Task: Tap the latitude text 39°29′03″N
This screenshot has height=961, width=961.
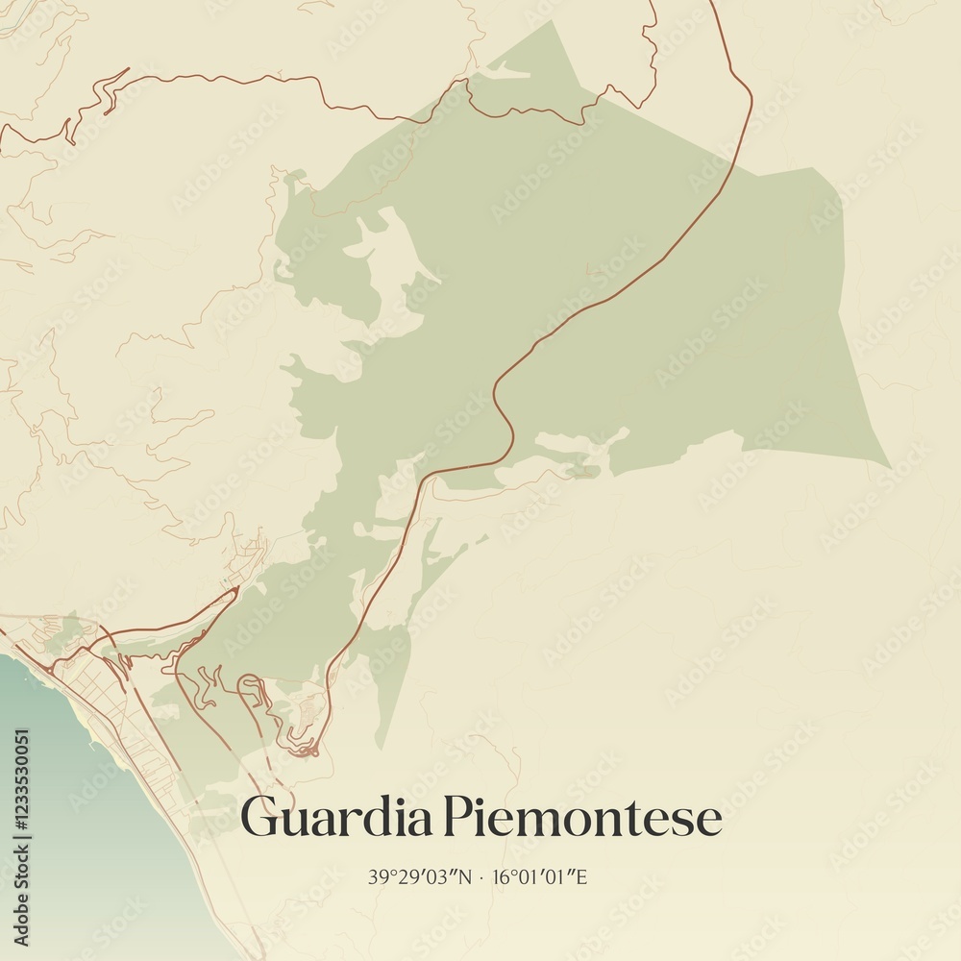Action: pos(420,876)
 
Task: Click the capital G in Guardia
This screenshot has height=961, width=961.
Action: pos(259,817)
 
